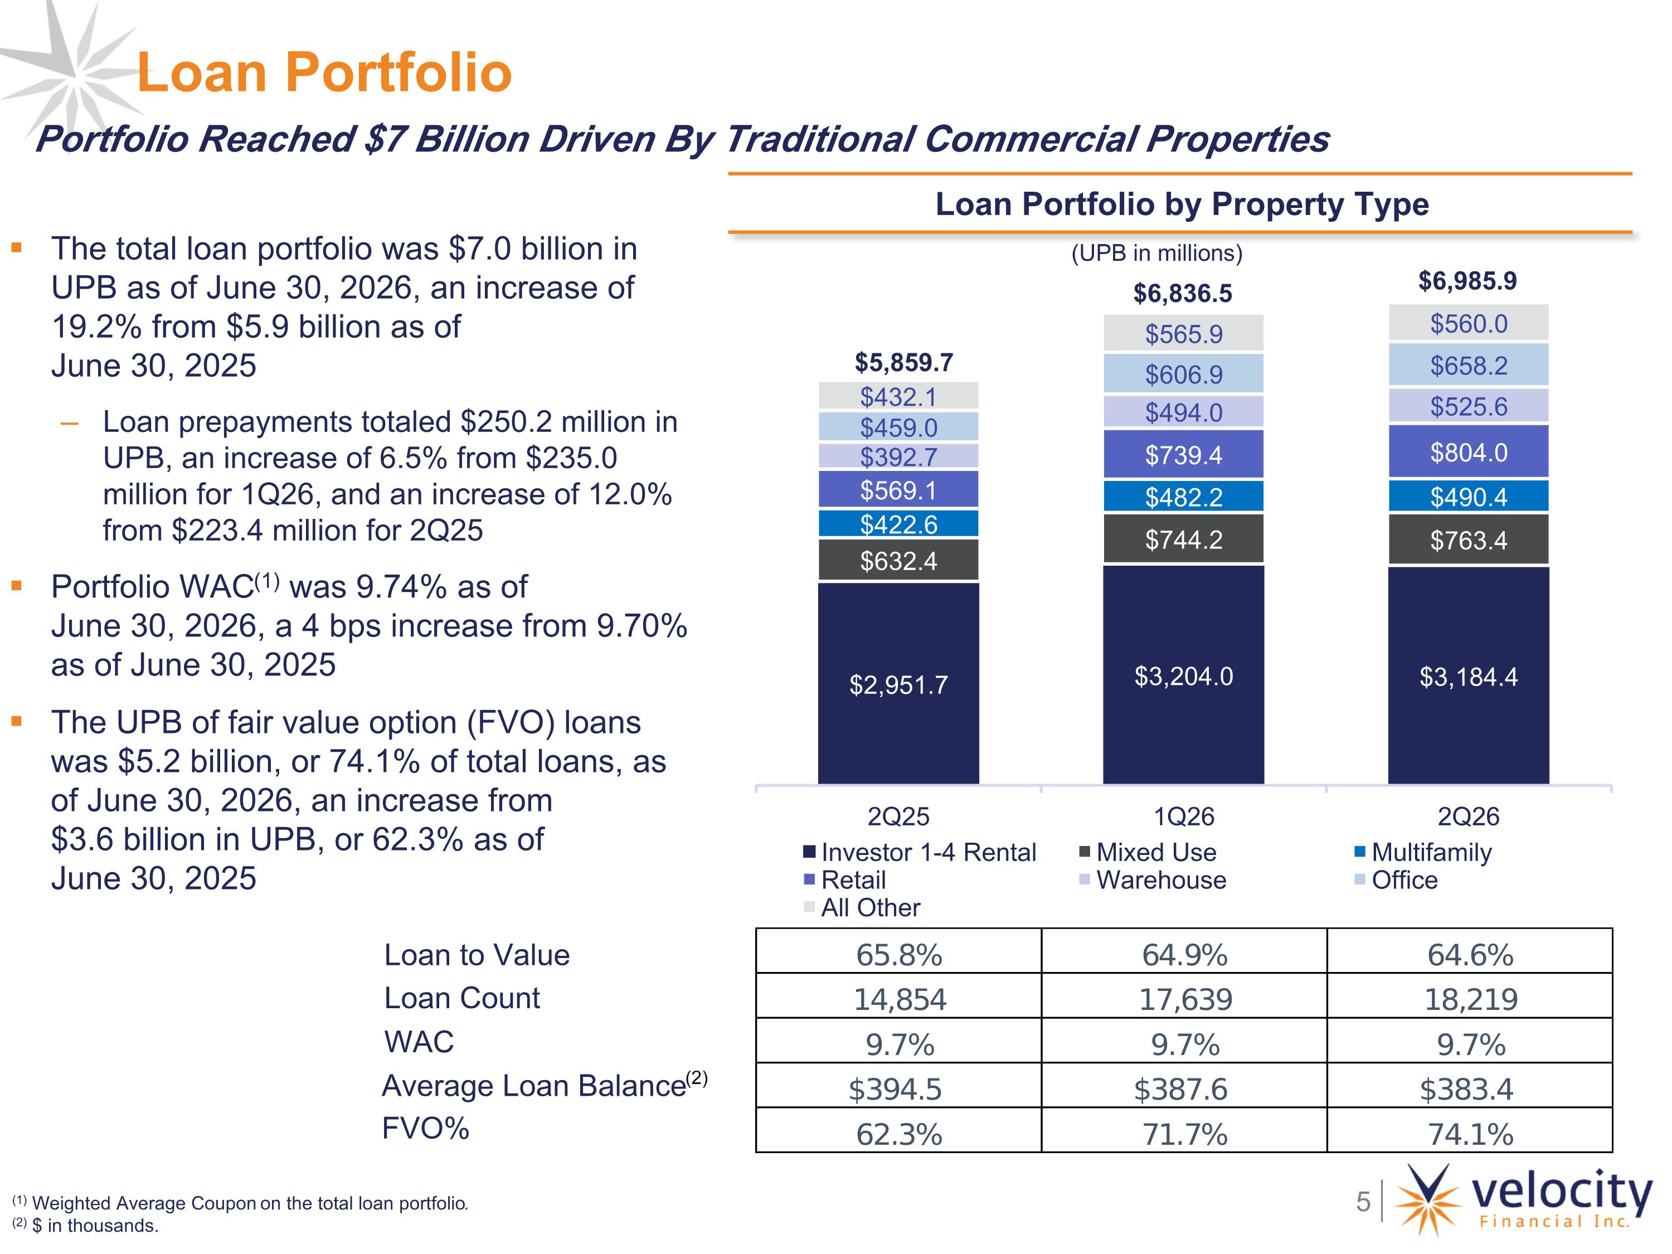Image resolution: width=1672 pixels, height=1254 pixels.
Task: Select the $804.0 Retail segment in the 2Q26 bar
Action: [1468, 451]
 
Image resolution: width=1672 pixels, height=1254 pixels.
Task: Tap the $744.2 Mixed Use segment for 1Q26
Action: [1183, 539]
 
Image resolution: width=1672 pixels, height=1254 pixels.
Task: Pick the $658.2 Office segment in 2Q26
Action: [1468, 365]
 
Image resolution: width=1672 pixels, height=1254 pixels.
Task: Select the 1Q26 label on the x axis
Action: [1184, 816]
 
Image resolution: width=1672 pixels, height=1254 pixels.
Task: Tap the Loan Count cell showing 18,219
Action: [1470, 999]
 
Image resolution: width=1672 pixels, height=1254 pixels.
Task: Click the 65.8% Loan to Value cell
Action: [899, 955]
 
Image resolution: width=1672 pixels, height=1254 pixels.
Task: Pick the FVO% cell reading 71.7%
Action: [1184, 1134]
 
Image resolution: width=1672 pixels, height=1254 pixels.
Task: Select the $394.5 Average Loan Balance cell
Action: [899, 1089]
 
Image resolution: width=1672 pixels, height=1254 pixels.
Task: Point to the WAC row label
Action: [419, 1042]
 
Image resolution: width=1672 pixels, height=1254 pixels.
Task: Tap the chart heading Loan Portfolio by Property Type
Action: [1182, 204]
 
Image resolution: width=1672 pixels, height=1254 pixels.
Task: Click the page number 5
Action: [1363, 1201]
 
